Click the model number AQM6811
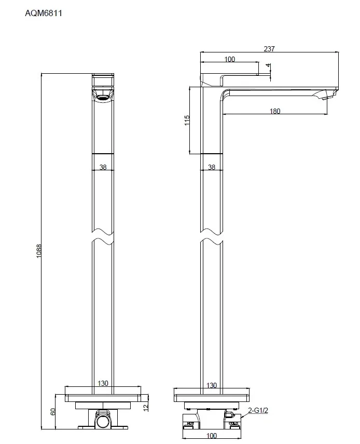pyautogui.click(x=44, y=14)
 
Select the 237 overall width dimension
pyautogui.click(x=269, y=49)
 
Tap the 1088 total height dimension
pyautogui.click(x=39, y=251)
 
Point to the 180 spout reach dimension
pyautogui.click(x=275, y=111)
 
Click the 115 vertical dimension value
pyautogui.click(x=187, y=120)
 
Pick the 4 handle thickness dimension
pyautogui.click(x=268, y=66)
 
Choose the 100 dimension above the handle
pyautogui.click(x=230, y=59)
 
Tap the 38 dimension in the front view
pyautogui.click(x=103, y=167)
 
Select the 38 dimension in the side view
pyautogui.click(x=212, y=167)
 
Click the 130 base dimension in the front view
pyautogui.click(x=103, y=383)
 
